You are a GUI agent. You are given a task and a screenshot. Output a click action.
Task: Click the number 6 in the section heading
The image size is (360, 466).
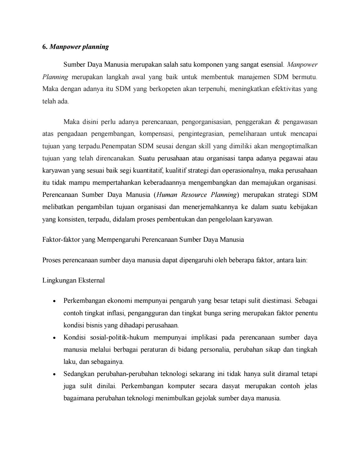(x=44, y=47)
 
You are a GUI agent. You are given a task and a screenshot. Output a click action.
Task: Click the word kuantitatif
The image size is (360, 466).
(x=148, y=171)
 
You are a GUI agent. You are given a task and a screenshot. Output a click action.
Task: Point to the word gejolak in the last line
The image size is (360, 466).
(x=206, y=398)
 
